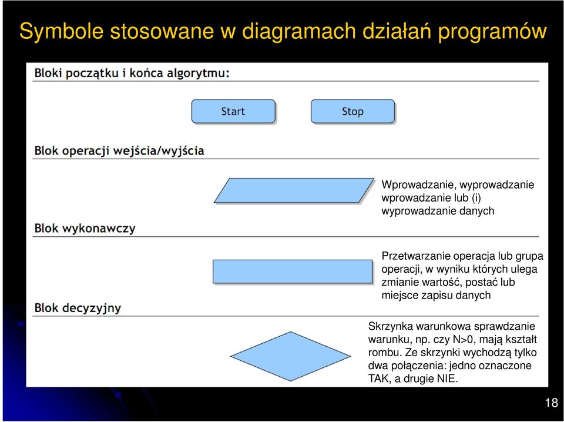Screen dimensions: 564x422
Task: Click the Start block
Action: click(233, 112)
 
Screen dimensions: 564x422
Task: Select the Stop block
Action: click(353, 112)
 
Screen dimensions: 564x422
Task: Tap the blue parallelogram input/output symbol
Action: click(294, 190)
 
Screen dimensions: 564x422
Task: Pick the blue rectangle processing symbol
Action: click(293, 272)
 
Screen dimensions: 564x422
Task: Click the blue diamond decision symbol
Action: click(290, 356)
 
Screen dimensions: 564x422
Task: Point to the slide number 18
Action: click(552, 403)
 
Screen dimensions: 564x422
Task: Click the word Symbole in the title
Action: click(61, 31)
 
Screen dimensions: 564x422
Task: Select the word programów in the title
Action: click(492, 31)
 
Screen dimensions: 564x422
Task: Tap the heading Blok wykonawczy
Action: click(85, 229)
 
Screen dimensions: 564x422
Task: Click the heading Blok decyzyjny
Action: click(78, 308)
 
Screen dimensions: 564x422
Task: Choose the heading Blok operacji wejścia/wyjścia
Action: click(119, 150)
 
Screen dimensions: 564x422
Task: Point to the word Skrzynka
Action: click(391, 326)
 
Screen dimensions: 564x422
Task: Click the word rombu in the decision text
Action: click(385, 352)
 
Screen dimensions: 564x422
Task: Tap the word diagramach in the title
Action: click(298, 31)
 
